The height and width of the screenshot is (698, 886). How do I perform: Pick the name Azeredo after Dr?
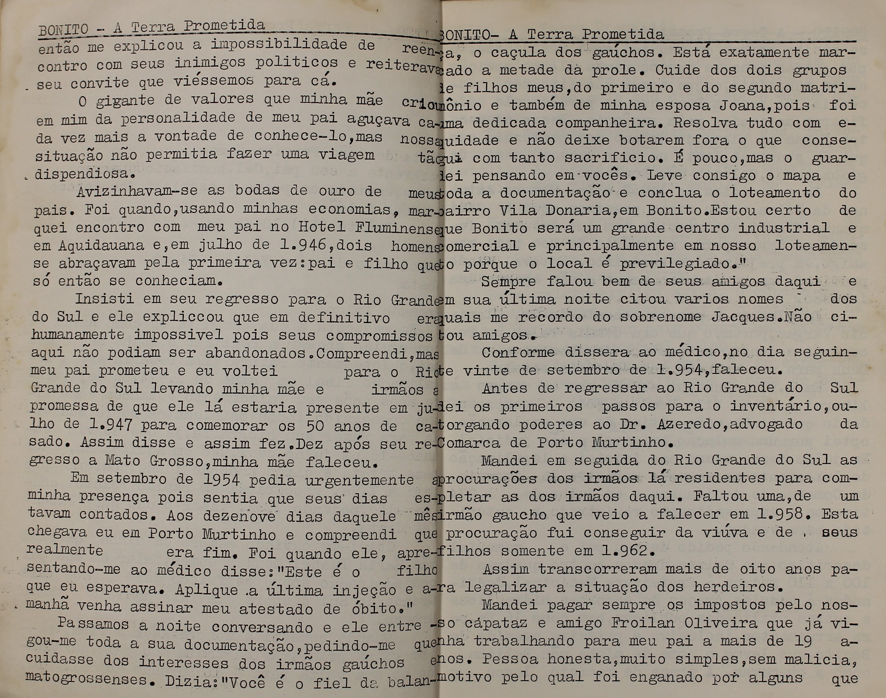[x=687, y=425]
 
